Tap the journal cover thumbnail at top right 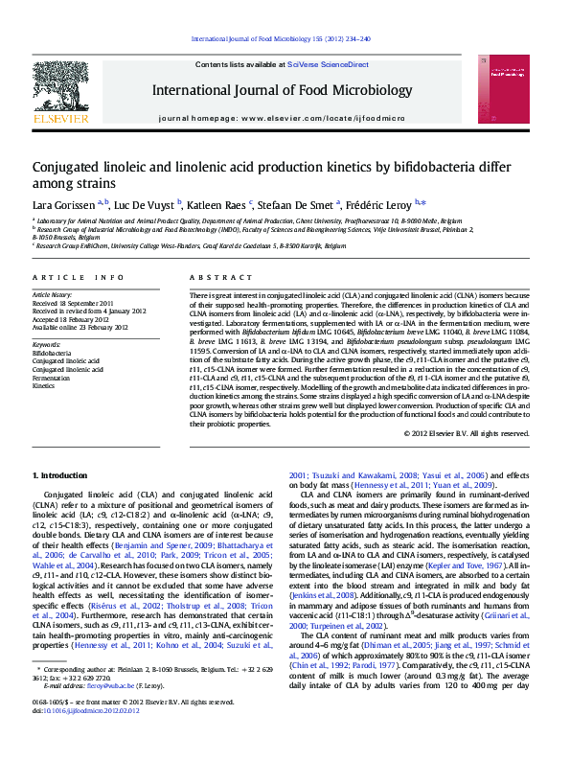(x=509, y=90)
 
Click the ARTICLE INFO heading (x=78, y=277)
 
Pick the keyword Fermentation (x=51, y=379)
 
